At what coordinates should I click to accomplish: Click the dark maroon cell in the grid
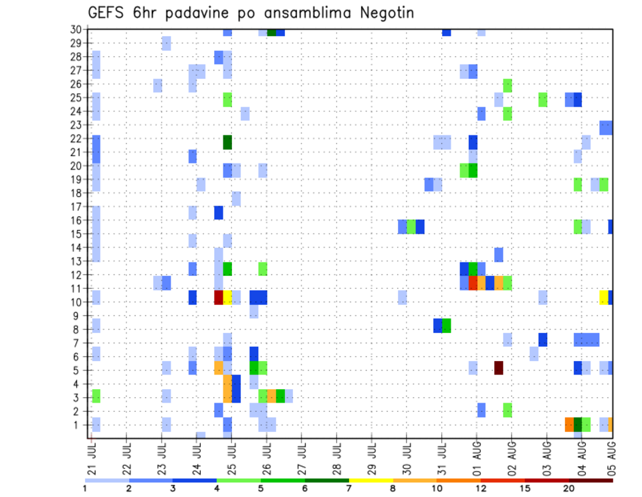[498, 368]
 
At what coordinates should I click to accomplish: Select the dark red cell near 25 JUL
[218, 297]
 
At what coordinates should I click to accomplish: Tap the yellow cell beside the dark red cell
[227, 297]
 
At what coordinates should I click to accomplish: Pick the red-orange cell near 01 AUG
[473, 283]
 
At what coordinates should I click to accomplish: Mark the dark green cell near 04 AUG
[578, 424]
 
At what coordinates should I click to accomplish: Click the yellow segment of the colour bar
[371, 480]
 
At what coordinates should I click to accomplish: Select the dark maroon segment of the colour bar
[591, 480]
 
